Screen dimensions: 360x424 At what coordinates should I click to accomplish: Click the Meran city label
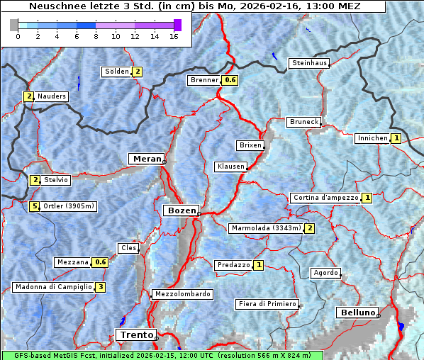click(145, 159)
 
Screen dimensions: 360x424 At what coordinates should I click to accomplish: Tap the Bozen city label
click(180, 210)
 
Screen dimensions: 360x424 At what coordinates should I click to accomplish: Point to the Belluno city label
click(357, 313)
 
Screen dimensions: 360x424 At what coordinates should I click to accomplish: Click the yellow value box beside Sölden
click(138, 72)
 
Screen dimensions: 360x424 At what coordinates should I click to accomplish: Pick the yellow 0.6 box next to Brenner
click(230, 80)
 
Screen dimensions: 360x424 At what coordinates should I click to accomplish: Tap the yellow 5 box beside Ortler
click(34, 206)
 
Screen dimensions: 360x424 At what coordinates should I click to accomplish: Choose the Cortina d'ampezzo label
click(325, 198)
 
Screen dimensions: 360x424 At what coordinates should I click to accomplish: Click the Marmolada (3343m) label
click(266, 228)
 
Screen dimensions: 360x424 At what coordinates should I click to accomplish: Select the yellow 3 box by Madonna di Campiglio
click(101, 287)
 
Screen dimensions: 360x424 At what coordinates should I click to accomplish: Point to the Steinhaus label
click(310, 63)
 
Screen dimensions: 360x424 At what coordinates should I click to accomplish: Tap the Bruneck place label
click(304, 122)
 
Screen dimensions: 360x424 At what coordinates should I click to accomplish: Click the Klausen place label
click(230, 167)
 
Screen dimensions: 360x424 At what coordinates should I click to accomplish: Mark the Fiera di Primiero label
click(267, 304)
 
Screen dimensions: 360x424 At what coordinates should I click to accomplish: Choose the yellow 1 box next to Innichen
click(396, 138)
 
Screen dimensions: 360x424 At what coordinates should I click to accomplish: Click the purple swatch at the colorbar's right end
click(177, 25)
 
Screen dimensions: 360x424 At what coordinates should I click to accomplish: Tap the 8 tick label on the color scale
click(96, 36)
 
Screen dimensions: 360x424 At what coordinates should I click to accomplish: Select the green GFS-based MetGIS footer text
click(162, 355)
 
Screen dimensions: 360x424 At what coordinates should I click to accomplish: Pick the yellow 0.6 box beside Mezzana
click(101, 262)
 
